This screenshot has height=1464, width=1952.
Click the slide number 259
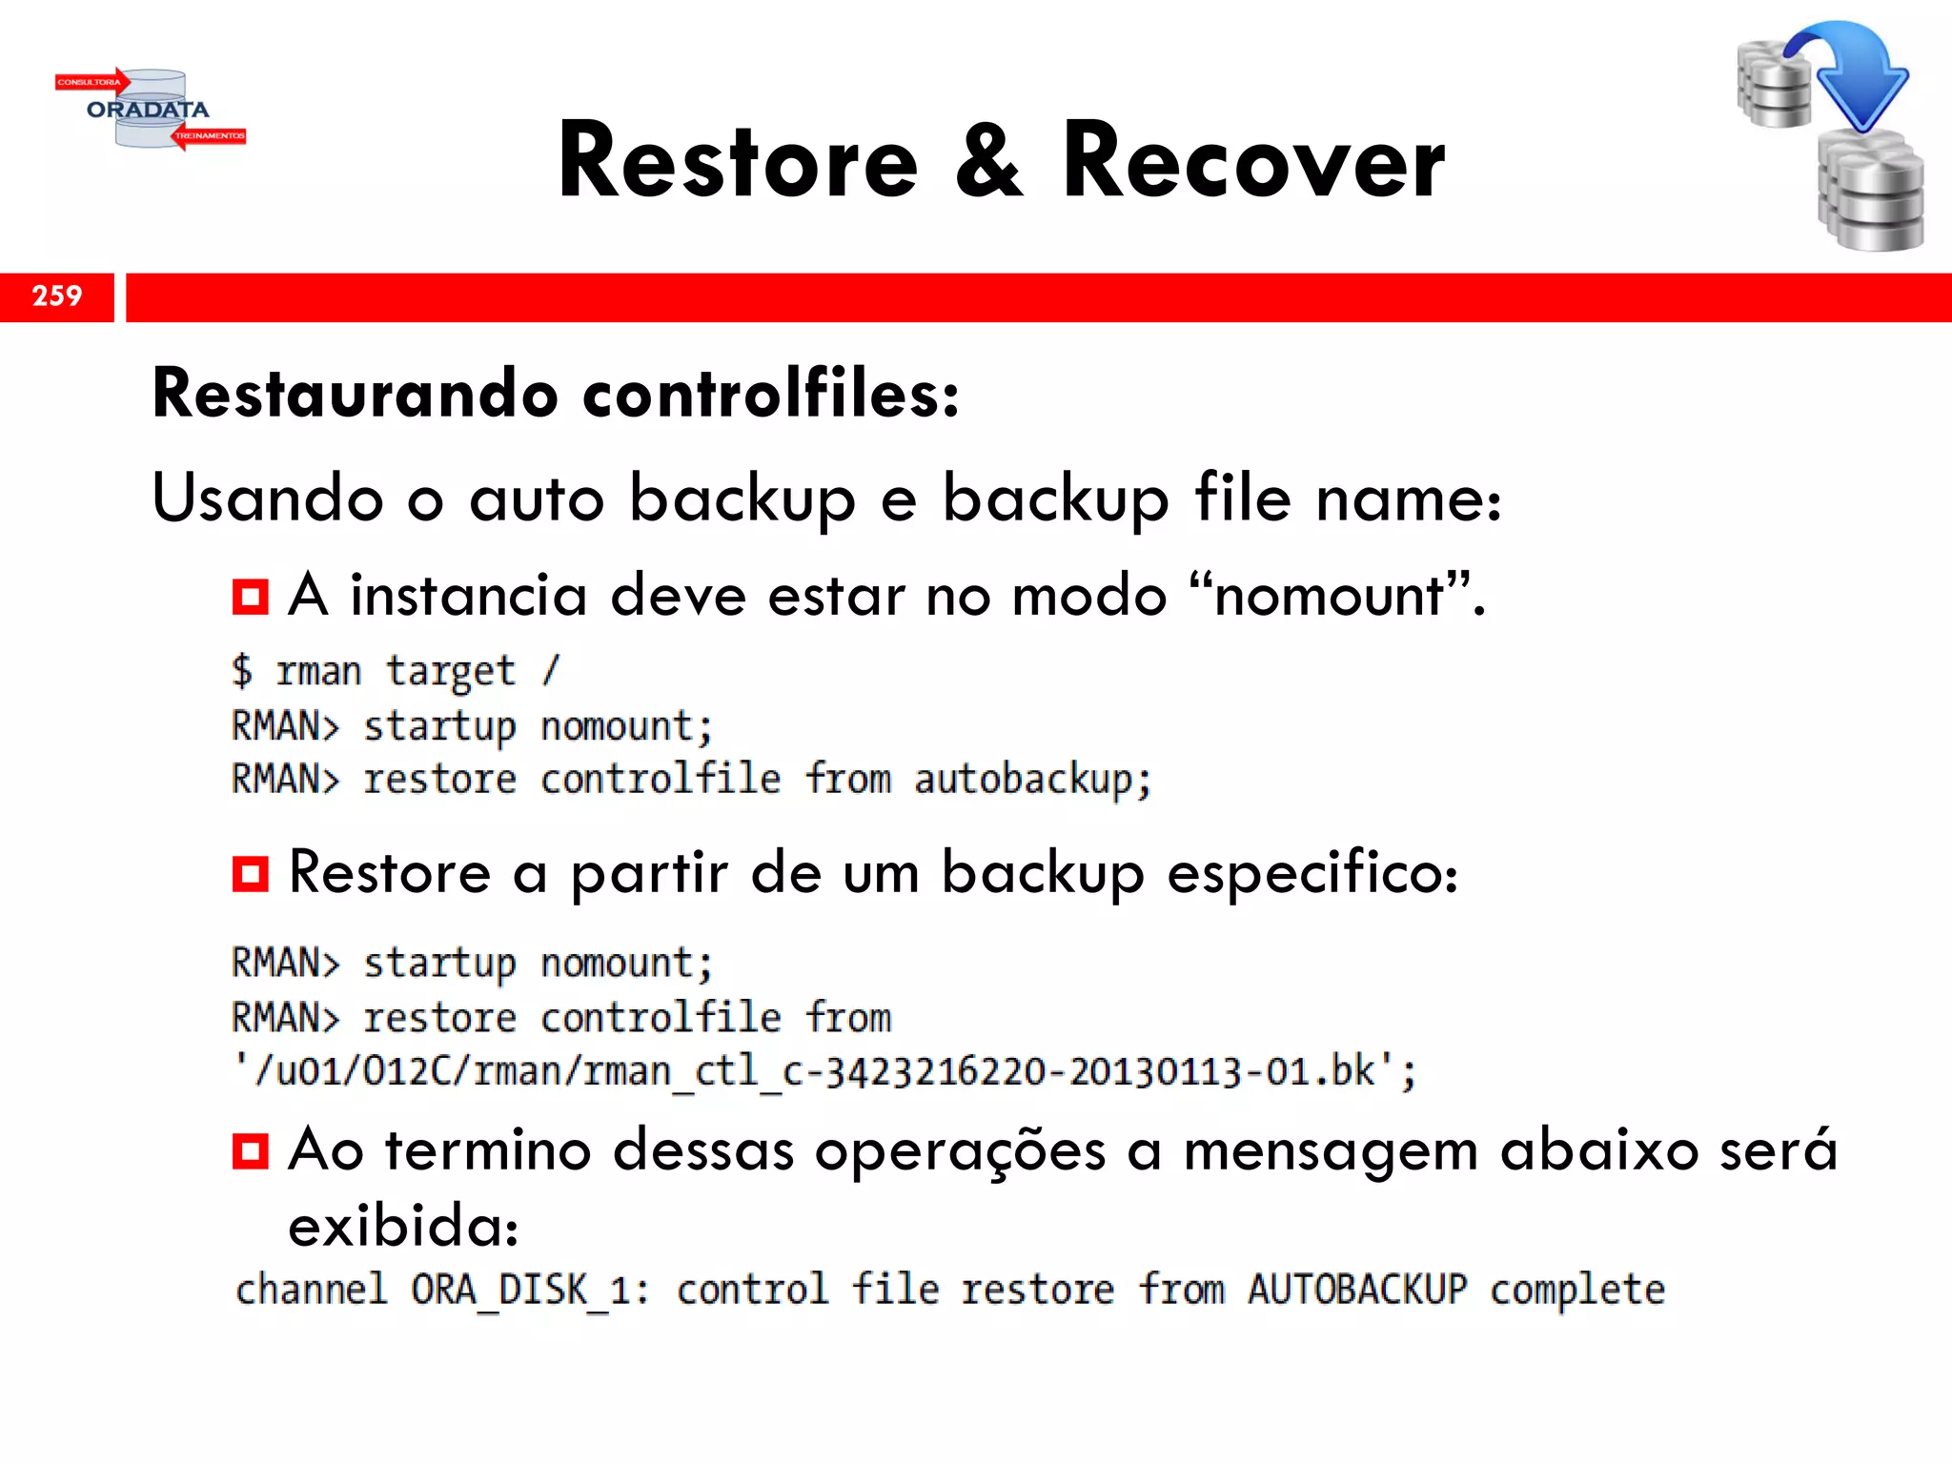(x=57, y=296)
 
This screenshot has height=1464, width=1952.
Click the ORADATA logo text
(x=148, y=110)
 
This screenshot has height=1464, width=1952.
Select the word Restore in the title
(x=738, y=162)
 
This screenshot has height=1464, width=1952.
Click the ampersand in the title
(x=989, y=162)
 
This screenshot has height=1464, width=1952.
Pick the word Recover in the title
(x=1253, y=162)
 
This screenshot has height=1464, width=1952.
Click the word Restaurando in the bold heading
(x=355, y=394)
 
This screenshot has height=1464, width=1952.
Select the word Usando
(x=268, y=498)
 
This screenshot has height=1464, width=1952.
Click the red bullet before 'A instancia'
(x=250, y=598)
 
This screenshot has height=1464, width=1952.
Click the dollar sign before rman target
(x=242, y=670)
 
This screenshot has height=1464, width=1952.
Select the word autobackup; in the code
(x=1033, y=780)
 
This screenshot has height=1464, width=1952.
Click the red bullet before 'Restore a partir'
(x=250, y=873)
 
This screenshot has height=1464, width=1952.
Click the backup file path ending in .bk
(x=824, y=1071)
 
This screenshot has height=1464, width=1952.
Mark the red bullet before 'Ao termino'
(x=250, y=1151)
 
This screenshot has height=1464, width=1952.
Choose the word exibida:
(x=403, y=1226)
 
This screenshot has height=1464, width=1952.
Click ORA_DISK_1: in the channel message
(x=530, y=1291)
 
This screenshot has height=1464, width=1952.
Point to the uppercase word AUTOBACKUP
(x=1357, y=1291)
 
